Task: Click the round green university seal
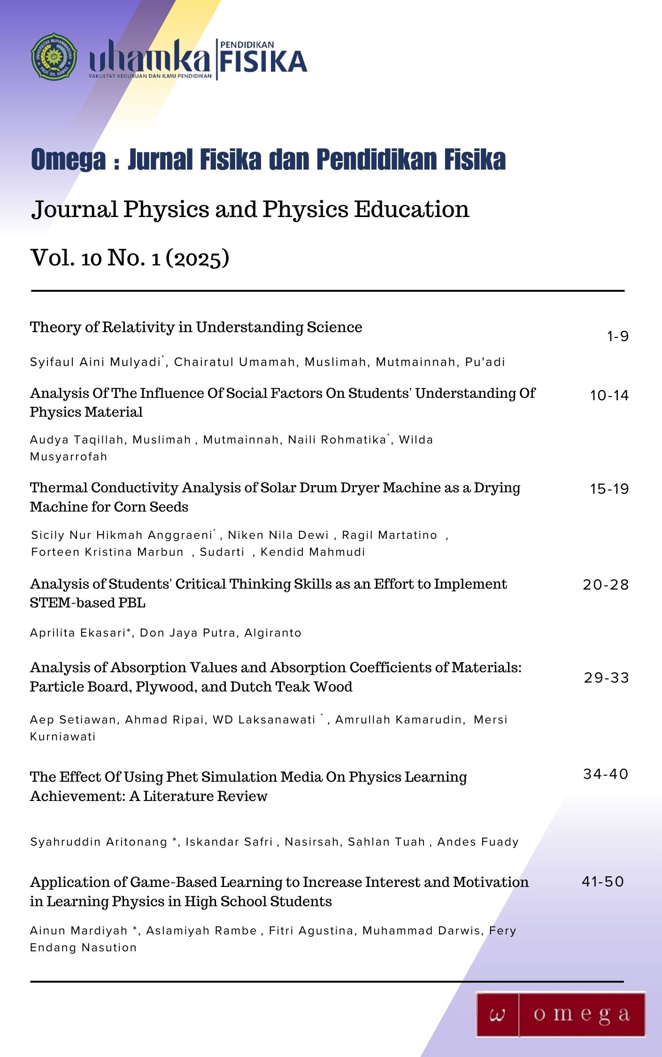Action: [x=54, y=56]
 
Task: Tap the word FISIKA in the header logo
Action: [x=263, y=62]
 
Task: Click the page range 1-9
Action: [x=617, y=336]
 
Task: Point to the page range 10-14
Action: [x=609, y=396]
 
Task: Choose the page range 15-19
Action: [x=609, y=489]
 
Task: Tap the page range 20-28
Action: [x=606, y=585]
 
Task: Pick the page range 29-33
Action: [x=606, y=677]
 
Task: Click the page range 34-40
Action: [x=606, y=774]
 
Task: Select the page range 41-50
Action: [x=603, y=881]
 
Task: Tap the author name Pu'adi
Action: [x=485, y=362]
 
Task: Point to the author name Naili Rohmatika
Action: [x=337, y=440]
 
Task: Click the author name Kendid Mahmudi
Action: [x=313, y=552]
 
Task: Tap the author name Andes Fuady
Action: [x=478, y=842]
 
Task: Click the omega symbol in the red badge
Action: [x=497, y=1015]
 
